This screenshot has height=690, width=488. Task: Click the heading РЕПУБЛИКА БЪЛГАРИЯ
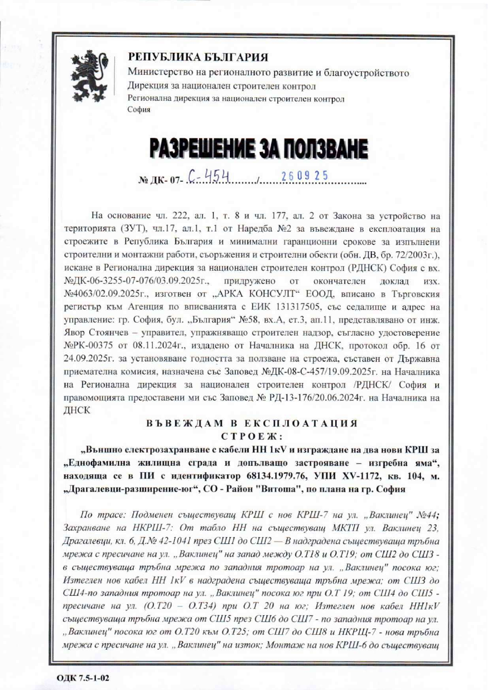coord(198,57)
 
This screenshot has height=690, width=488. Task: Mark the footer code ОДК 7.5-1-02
coord(82,678)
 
